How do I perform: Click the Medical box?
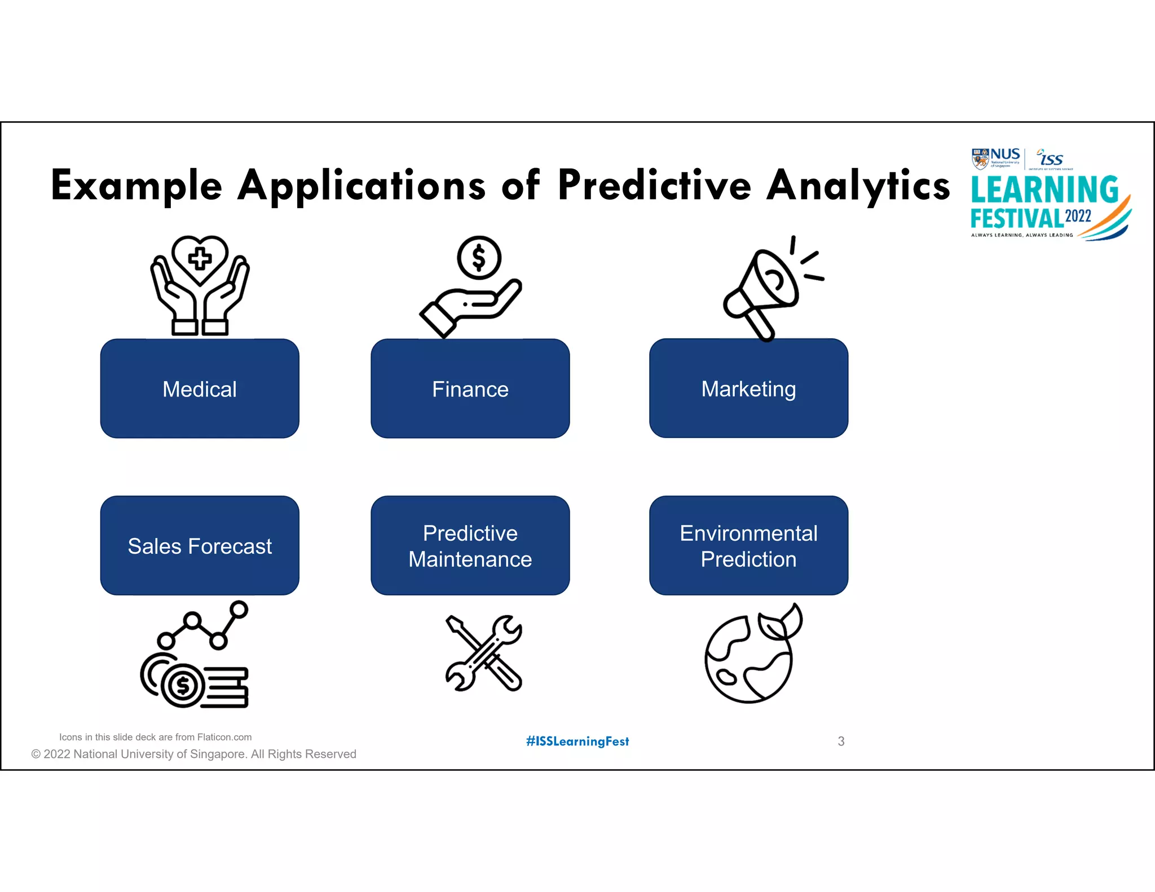(200, 388)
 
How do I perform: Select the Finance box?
(470, 388)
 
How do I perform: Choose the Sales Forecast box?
(200, 545)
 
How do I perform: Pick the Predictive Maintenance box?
(470, 545)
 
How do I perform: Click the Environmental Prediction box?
(748, 545)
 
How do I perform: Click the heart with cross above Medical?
(200, 259)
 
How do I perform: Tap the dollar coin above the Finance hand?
(479, 258)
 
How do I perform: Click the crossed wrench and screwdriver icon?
(484, 653)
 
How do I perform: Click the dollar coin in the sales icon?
(183, 686)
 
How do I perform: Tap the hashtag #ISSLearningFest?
(577, 741)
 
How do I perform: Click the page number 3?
(841, 741)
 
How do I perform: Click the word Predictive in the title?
(654, 185)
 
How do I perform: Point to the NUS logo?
(996, 158)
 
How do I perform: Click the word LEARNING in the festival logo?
(1044, 189)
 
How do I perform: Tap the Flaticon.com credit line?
(155, 737)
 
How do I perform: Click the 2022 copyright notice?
(193, 754)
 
